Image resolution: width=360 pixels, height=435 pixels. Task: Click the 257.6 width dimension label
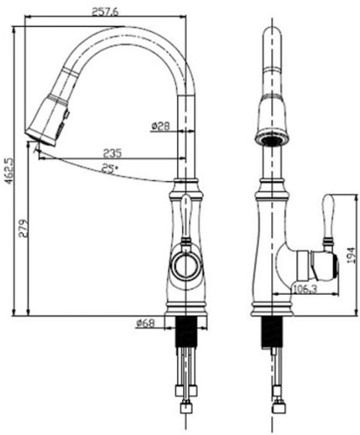tap(105, 11)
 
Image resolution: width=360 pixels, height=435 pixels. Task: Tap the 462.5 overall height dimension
tap(10, 171)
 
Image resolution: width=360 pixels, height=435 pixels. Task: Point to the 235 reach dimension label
tap(112, 153)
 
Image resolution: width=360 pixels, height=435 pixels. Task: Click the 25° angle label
tap(110, 168)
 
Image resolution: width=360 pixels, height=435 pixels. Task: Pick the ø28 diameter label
tap(160, 126)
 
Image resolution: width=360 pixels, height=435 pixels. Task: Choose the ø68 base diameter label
tap(146, 323)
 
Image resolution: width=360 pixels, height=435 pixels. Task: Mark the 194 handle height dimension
tap(351, 255)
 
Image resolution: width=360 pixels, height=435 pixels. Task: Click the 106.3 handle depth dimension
tap(304, 289)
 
